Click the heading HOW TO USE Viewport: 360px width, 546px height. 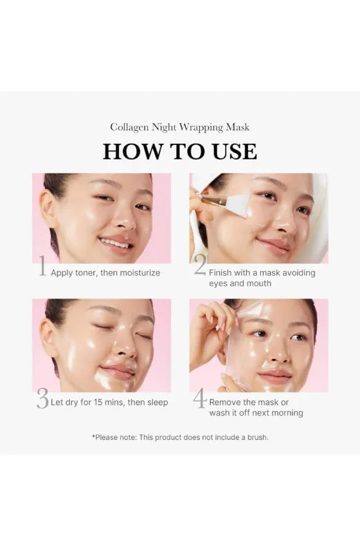point(180,152)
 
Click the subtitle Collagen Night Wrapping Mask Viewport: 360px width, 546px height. point(180,127)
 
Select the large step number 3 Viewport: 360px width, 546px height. point(42,399)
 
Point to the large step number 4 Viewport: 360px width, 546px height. point(200,399)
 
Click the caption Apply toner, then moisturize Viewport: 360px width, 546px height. point(105,273)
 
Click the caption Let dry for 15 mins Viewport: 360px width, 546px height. point(109,403)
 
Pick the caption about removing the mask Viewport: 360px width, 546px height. point(255,408)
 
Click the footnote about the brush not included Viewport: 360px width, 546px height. point(180,437)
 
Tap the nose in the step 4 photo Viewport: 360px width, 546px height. point(277,350)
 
